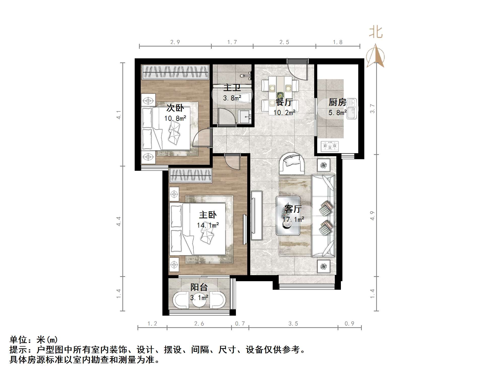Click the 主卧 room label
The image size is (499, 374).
208,215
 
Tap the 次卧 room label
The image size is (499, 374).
175,108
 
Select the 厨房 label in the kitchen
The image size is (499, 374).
337,102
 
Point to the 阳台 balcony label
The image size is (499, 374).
199,287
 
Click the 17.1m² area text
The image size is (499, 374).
293,220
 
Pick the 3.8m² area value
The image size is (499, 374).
232,98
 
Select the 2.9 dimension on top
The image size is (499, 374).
175,42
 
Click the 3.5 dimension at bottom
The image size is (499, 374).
293,324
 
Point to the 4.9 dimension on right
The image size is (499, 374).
372,216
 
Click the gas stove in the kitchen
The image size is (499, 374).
330,146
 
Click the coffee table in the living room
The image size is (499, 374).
288,216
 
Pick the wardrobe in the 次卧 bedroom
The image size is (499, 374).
175,72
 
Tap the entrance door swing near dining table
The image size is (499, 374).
298,69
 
